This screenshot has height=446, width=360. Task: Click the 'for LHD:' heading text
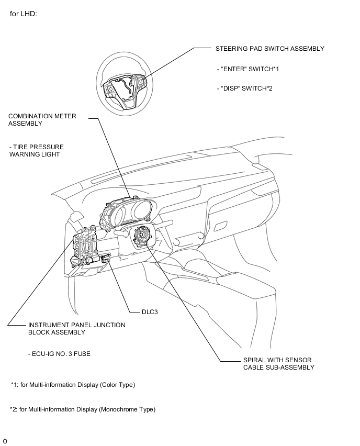[x=24, y=14]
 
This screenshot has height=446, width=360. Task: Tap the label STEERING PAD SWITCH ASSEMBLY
[x=270, y=49]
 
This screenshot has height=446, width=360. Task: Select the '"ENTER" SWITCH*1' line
[x=248, y=69]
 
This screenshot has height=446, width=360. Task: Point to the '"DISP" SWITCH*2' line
[x=244, y=88]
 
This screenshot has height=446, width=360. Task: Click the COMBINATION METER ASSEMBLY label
[x=42, y=120]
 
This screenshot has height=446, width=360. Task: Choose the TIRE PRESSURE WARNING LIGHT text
[x=37, y=151]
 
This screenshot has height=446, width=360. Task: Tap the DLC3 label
[x=150, y=312]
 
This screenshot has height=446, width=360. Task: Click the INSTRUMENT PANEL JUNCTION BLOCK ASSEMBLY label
[x=76, y=329]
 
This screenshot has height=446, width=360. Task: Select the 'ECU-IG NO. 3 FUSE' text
[x=59, y=354]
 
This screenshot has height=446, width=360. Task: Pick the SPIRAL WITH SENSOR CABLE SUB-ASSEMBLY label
[x=279, y=363]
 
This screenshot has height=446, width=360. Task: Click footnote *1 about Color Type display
[x=73, y=385]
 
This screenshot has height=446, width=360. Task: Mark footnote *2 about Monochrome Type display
[x=83, y=409]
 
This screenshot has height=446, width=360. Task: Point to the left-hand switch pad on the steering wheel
[x=109, y=90]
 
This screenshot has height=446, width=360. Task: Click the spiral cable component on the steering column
[x=141, y=235]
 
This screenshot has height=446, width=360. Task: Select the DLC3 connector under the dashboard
[x=105, y=258]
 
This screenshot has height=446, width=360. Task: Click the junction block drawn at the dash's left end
[x=85, y=244]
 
